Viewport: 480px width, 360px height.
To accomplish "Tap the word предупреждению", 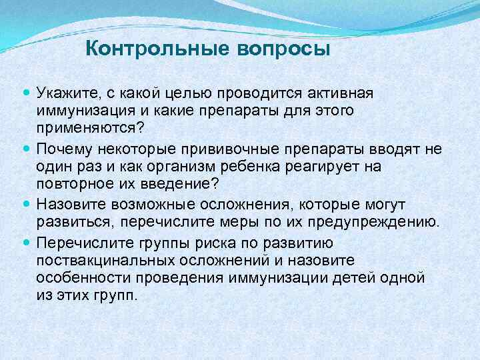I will pyautogui.click(x=381, y=222).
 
